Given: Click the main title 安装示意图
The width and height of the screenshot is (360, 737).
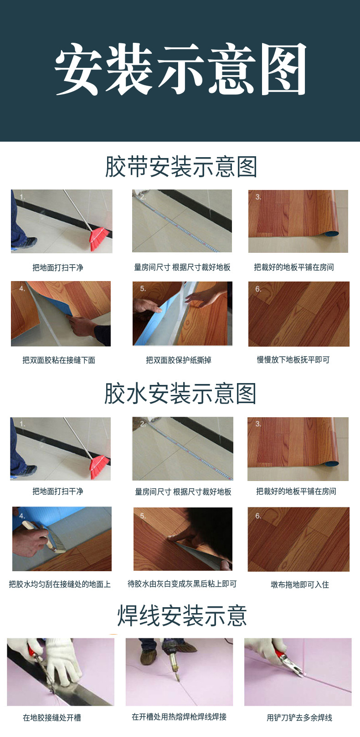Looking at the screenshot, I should (x=180, y=69).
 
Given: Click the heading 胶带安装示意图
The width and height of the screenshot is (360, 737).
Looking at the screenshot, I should (x=181, y=167).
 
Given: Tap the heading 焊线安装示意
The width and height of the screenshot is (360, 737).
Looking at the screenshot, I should (x=182, y=616).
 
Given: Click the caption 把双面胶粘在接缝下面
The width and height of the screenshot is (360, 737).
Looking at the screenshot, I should (x=59, y=360).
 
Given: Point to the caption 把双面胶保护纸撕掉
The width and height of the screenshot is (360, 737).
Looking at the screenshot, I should (x=179, y=360).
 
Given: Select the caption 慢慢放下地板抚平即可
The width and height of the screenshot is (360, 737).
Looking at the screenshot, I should (x=293, y=360).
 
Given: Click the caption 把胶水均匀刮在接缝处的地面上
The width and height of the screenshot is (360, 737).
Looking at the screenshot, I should (x=60, y=584).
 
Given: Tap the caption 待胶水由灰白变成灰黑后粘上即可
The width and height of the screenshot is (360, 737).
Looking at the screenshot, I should (x=182, y=584).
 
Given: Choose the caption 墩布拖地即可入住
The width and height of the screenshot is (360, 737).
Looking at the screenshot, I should (x=299, y=584).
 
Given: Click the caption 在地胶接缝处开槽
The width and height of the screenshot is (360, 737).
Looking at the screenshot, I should (x=52, y=718).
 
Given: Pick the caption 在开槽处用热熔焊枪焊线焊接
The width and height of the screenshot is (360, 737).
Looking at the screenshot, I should (x=179, y=717).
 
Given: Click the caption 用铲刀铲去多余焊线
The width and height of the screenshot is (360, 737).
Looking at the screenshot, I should (x=299, y=718).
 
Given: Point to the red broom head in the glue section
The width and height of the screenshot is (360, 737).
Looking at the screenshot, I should (x=100, y=467).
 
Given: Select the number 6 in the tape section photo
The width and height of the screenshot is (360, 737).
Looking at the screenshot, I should (x=258, y=289).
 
